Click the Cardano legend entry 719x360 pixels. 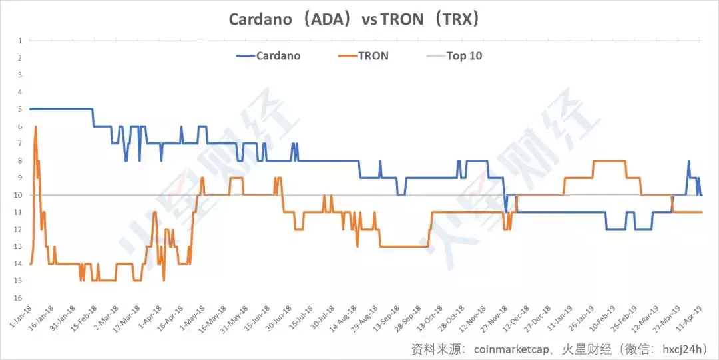point(278,56)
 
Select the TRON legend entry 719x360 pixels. point(373,56)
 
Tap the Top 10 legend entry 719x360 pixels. point(464,56)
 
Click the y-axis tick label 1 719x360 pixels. point(21,41)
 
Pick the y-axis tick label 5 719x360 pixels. point(21,109)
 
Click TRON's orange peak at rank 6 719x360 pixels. point(35,127)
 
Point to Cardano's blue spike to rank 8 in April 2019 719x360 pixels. point(688,161)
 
